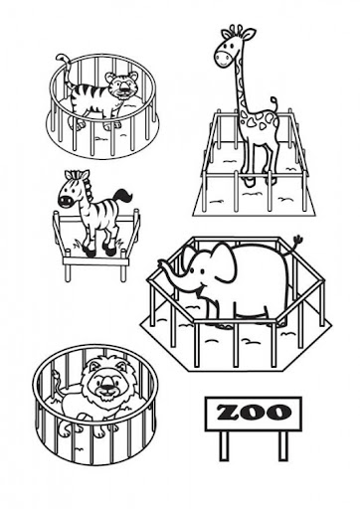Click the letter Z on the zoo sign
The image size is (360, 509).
click(229, 413)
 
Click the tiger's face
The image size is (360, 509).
click(122, 85)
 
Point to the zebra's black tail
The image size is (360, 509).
click(122, 196)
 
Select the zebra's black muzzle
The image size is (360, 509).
click(65, 201)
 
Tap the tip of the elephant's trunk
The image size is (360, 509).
click(161, 263)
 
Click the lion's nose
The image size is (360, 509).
click(106, 386)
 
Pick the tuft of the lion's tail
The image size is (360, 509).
click(56, 376)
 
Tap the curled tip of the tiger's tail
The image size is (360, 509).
click(62, 58)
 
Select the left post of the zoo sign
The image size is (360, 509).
click(225, 445)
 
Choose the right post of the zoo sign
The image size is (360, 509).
click(282, 445)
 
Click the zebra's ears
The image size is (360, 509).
click(77, 175)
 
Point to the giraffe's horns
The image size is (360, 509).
click(241, 30)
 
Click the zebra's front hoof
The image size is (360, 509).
click(90, 253)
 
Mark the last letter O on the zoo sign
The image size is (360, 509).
click(279, 413)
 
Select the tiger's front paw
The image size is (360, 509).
click(80, 124)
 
